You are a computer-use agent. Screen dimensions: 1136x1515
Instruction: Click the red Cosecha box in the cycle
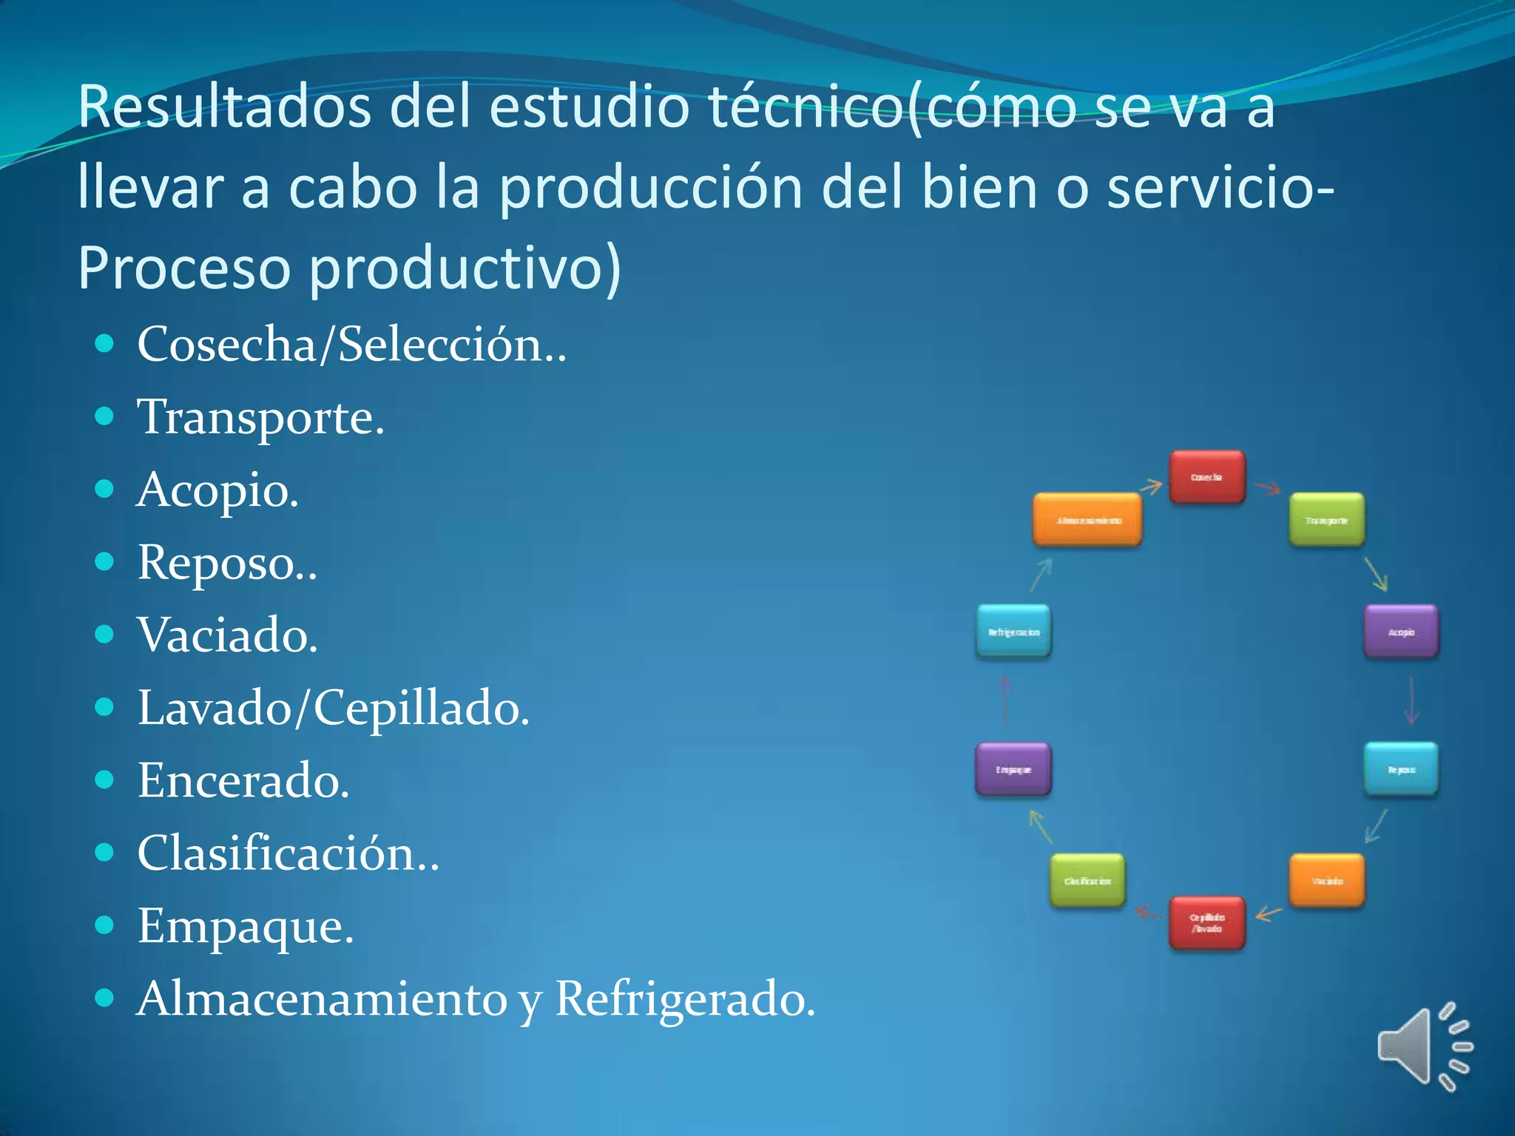[x=1207, y=477]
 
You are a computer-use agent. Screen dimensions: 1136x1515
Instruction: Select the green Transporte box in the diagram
[x=1326, y=520]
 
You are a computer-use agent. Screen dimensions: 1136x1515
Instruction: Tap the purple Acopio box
[x=1401, y=632]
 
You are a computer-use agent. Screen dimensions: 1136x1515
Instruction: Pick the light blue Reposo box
[x=1401, y=769]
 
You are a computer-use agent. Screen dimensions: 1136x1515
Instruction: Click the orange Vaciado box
[x=1326, y=880]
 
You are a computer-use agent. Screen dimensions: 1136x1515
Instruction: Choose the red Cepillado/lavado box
[x=1207, y=922]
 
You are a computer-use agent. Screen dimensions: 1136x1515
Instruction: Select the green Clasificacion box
[x=1087, y=880]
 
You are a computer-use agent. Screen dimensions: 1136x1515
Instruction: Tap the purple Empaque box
[x=1013, y=769]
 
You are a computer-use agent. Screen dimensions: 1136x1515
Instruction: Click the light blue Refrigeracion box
[x=1013, y=632]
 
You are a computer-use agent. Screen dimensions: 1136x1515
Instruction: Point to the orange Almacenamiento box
[x=1087, y=520]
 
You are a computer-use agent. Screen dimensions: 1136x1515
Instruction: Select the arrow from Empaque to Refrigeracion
[x=1005, y=700]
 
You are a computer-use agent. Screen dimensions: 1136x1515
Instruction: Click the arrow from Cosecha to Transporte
[x=1268, y=488]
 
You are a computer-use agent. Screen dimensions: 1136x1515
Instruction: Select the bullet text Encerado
[x=243, y=780]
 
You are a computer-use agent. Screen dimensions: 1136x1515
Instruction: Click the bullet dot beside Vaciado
[x=105, y=635]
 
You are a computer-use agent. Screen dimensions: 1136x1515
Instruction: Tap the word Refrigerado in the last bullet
[x=684, y=998]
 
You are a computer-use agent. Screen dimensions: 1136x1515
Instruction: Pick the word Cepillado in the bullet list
[x=420, y=708]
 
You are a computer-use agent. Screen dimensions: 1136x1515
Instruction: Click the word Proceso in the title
[x=183, y=268]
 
